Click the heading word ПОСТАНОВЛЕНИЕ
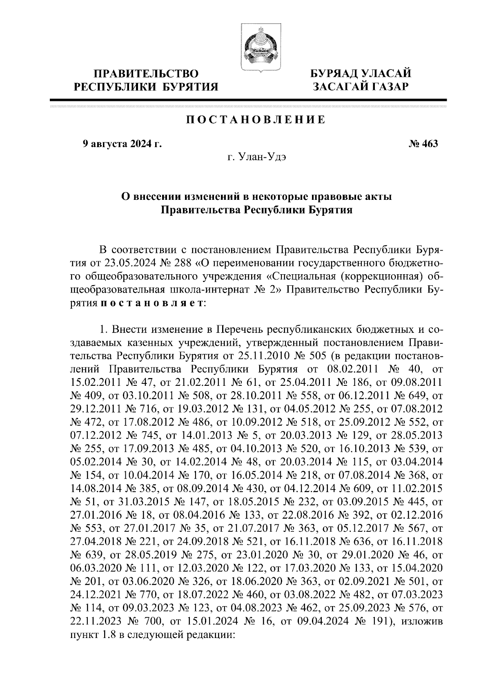tap(256, 120)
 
